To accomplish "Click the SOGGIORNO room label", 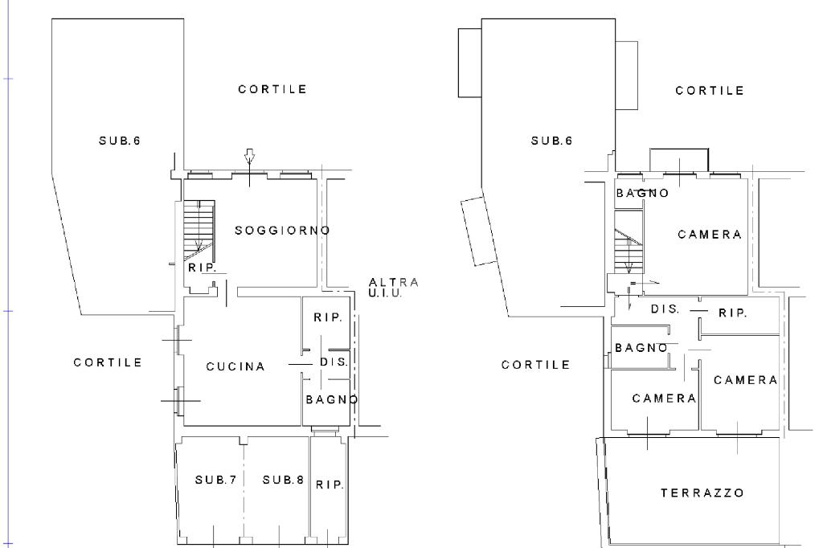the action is (x=282, y=231).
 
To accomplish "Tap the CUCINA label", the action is (x=235, y=366).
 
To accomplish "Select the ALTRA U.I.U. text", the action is (x=394, y=288).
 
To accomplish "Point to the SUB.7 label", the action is (x=215, y=480).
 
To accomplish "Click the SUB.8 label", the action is (x=284, y=480).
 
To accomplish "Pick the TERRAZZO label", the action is (x=702, y=493).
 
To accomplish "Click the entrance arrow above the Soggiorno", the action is (x=250, y=157).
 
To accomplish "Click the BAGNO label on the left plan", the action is (x=332, y=400).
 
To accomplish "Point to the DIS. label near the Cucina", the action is (x=334, y=362).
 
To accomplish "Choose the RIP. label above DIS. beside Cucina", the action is (x=328, y=317).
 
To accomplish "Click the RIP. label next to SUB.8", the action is (x=330, y=485).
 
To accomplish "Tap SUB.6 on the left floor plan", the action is (x=120, y=141).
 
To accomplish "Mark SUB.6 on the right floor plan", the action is (x=551, y=141).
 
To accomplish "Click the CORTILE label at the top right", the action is (x=710, y=91).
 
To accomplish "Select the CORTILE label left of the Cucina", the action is (x=108, y=362).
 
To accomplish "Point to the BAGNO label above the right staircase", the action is (x=642, y=193).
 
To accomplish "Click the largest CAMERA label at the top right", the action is (x=710, y=235).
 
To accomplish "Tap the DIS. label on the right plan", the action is (x=665, y=309).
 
